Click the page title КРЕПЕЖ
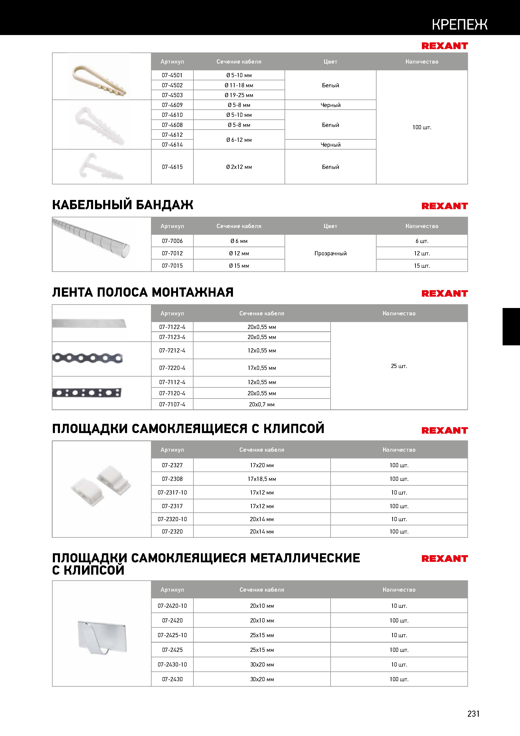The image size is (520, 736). click(x=459, y=24)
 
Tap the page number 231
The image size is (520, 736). click(x=473, y=714)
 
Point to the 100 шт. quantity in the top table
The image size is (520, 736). click(x=422, y=127)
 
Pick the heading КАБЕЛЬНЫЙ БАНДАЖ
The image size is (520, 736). click(x=123, y=205)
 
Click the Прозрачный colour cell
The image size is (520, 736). click(x=330, y=253)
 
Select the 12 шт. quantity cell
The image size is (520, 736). click(x=422, y=253)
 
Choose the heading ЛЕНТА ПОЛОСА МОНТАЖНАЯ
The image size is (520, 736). click(x=143, y=292)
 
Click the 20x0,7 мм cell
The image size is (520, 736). click(x=261, y=405)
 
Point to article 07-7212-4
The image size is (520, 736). click(x=172, y=350)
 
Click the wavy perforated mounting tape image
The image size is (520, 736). click(x=87, y=358)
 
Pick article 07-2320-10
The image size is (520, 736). click(x=172, y=519)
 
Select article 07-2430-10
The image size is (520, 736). click(x=172, y=664)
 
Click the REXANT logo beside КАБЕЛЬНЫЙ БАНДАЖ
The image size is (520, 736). click(x=444, y=206)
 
